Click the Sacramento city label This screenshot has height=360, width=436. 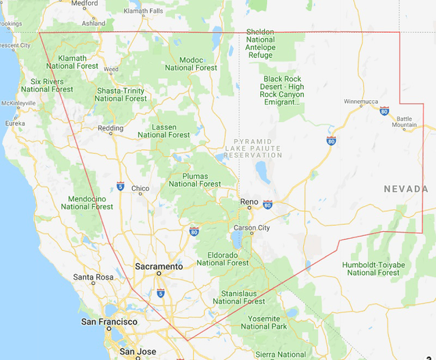click(x=159, y=267)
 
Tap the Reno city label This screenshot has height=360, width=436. click(x=249, y=202)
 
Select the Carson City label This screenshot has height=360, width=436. click(x=252, y=228)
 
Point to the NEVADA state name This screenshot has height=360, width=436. click(x=406, y=189)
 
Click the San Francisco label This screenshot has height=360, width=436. click(x=109, y=322)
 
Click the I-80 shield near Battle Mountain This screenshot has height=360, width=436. click(x=385, y=110)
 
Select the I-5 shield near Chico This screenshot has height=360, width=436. click(x=121, y=185)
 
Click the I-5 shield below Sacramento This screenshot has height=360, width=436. click(x=160, y=292)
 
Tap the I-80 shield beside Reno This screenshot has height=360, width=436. click(x=268, y=204)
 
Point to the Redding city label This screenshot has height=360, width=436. click(x=111, y=128)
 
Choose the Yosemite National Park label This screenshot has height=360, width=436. click(x=264, y=322)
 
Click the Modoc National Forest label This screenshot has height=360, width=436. click(x=191, y=64)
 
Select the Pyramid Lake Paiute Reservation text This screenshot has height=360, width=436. click(x=254, y=147)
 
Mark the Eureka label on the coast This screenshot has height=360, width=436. click(x=15, y=123)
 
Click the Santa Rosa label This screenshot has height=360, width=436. click(x=93, y=277)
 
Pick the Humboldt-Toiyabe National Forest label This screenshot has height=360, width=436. click(x=373, y=269)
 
